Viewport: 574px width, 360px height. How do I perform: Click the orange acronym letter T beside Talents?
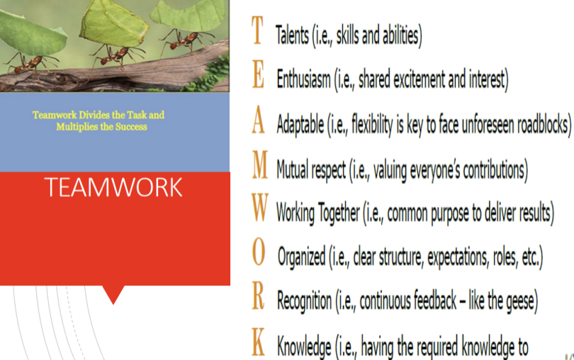pos(258,30)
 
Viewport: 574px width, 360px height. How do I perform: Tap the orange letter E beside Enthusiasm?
pos(258,74)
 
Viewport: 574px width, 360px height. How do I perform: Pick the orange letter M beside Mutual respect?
pos(260,164)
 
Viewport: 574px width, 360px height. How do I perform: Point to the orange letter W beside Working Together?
pos(260,208)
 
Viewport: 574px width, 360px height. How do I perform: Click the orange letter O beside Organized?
pos(259,252)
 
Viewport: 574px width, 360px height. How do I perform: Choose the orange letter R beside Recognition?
pos(258,296)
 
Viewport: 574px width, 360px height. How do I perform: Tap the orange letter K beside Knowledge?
pos(259,342)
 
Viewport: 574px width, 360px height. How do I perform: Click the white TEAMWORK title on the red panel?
pos(113,187)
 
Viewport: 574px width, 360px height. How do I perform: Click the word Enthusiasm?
pos(303,79)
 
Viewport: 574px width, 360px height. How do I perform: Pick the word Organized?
pos(302,257)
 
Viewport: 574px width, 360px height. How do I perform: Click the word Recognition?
pos(304,301)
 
